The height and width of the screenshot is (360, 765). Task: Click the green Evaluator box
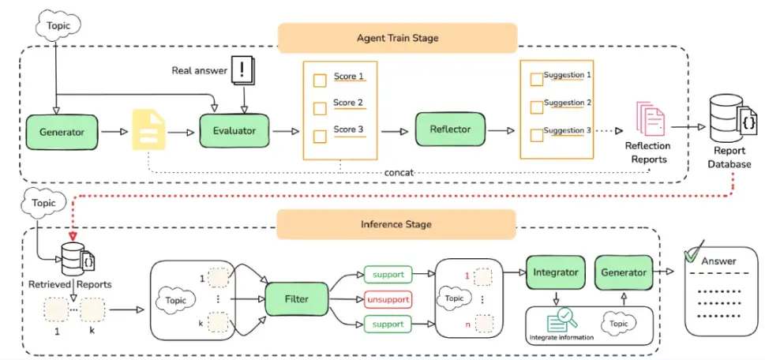(x=234, y=131)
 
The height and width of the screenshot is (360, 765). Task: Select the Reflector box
(x=450, y=129)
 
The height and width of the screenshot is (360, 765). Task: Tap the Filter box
(x=297, y=298)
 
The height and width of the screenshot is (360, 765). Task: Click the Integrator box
(x=555, y=272)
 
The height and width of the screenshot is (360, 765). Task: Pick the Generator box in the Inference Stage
(x=624, y=272)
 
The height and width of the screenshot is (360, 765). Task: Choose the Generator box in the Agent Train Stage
(x=62, y=132)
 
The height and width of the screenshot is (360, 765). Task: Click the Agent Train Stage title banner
(x=397, y=38)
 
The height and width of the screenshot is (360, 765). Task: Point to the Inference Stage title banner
(x=396, y=224)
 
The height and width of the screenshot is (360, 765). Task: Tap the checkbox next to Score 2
(x=320, y=108)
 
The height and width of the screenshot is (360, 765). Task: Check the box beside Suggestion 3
(x=537, y=135)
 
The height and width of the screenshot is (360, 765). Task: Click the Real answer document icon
(x=242, y=71)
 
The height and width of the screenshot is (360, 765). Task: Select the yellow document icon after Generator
(x=148, y=130)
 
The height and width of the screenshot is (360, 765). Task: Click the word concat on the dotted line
(x=399, y=173)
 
